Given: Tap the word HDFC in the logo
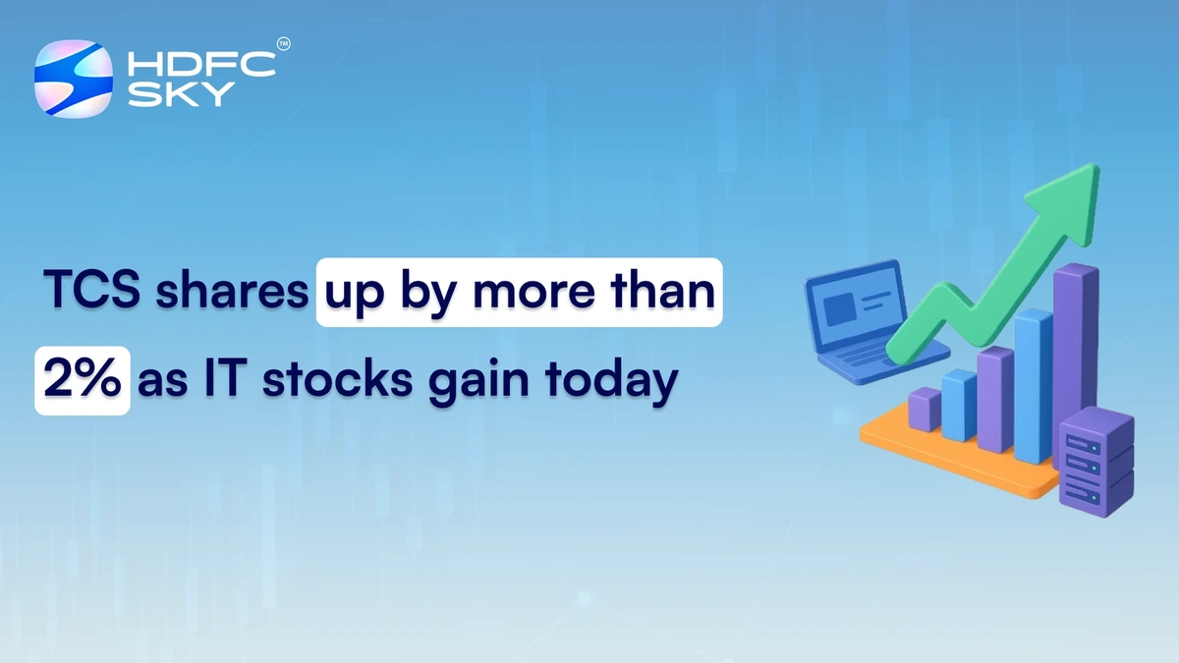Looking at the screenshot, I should point(200,65).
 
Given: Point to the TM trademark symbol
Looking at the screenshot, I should point(284,44).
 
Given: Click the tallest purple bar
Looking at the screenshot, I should point(1075,344).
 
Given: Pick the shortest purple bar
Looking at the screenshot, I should point(924,409).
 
